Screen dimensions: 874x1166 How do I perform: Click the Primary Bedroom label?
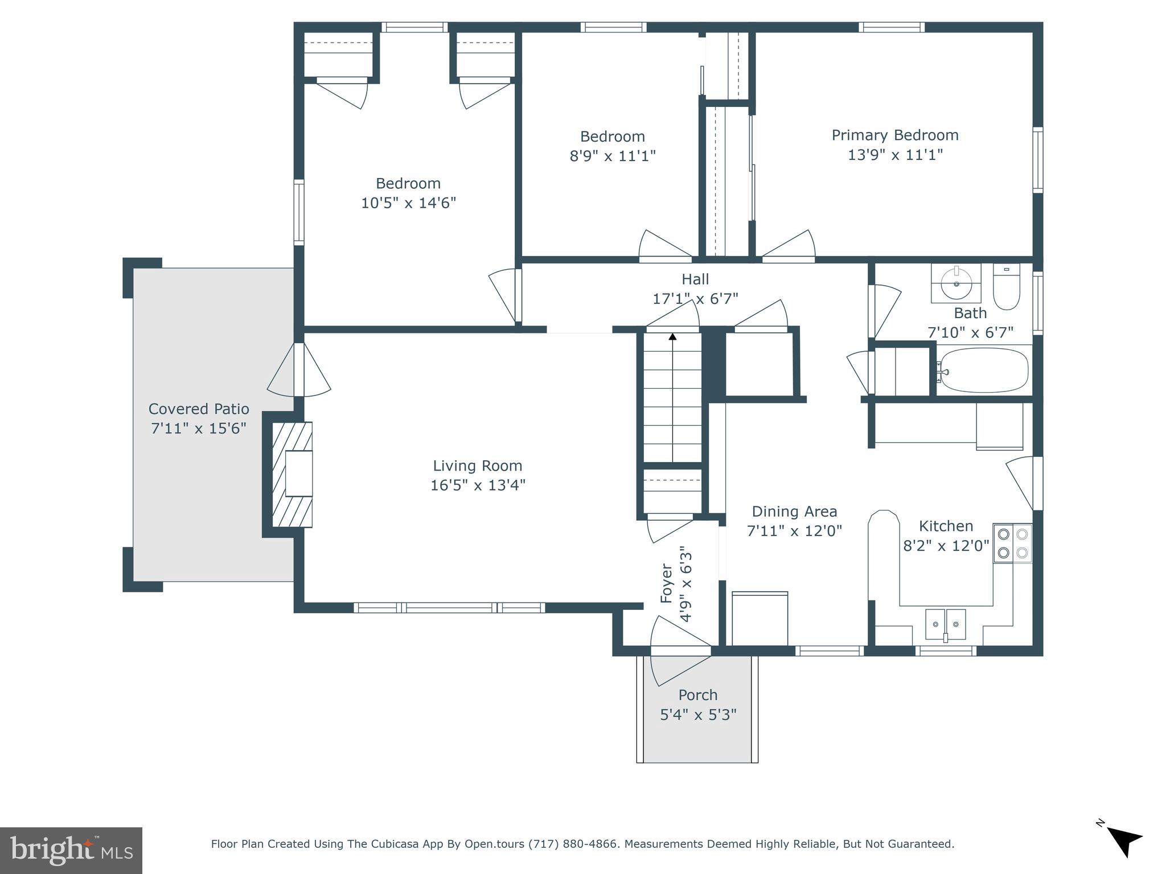[895, 135]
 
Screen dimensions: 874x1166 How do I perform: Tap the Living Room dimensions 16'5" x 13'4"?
[477, 485]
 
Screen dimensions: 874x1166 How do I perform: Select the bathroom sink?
[956, 283]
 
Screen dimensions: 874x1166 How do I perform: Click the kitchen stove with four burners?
[1012, 543]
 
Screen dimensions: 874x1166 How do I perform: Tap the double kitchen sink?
[945, 625]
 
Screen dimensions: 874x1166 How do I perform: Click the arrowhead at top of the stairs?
[672, 337]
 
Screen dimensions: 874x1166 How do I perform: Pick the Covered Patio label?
[199, 409]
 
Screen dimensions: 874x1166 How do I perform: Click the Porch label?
[698, 695]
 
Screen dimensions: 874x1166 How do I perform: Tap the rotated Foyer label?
[667, 583]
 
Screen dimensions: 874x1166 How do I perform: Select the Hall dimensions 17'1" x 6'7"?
[695, 298]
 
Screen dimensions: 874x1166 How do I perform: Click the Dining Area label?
[794, 512]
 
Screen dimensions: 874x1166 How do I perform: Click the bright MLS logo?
[71, 850]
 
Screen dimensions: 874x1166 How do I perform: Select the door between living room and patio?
[299, 370]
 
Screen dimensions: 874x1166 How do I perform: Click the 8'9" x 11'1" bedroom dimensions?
[613, 156]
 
